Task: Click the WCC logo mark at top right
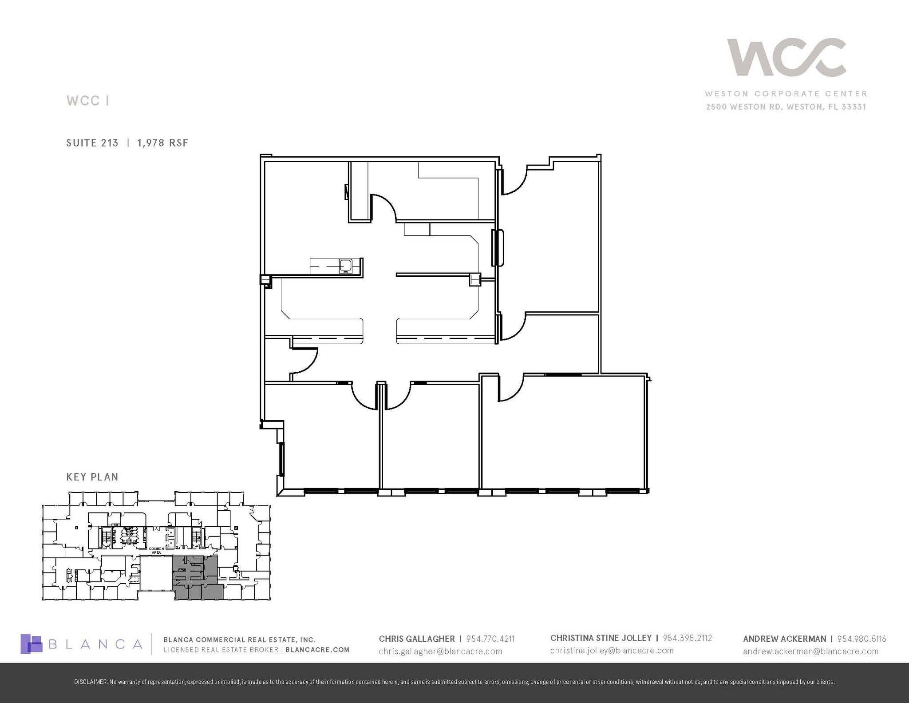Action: click(786, 57)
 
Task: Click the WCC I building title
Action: click(87, 101)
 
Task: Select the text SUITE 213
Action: click(92, 143)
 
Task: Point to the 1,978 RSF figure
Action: click(163, 143)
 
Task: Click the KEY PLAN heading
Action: click(92, 477)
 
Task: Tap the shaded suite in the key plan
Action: click(195, 577)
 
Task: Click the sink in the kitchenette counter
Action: click(345, 266)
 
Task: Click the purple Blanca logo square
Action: click(31, 643)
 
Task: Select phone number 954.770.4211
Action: click(490, 639)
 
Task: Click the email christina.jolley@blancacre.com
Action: click(612, 651)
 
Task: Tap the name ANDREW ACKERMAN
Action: click(784, 639)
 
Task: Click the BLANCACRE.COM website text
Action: click(317, 650)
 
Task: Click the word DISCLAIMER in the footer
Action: click(91, 682)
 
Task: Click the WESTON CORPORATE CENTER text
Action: click(786, 94)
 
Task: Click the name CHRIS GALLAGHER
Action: click(417, 639)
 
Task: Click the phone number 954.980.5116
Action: click(862, 639)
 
